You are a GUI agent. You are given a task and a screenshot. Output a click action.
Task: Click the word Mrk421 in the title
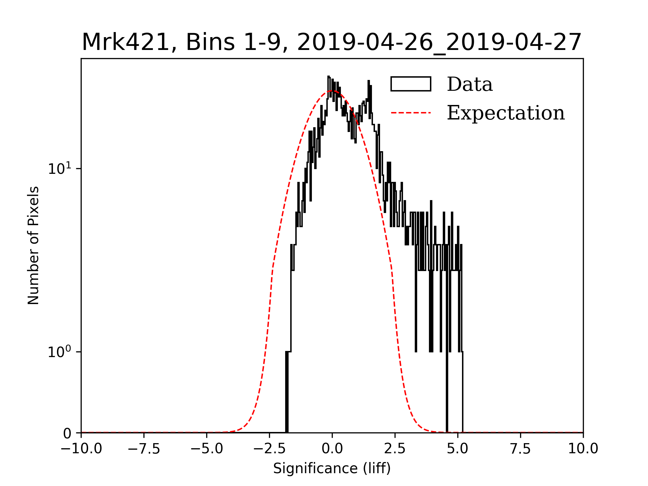tap(125, 43)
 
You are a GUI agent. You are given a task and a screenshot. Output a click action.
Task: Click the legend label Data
tap(469, 84)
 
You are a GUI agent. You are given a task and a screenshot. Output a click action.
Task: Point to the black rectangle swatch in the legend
tap(411, 84)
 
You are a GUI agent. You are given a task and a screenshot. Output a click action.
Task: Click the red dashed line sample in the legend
tap(411, 113)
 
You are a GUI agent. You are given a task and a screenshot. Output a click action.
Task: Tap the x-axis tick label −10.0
tap(81, 449)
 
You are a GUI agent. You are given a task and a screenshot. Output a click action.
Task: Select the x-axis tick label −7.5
tap(144, 449)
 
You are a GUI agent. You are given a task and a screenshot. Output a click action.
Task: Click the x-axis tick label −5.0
tap(207, 449)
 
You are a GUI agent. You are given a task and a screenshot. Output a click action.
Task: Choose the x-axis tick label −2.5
tap(269, 449)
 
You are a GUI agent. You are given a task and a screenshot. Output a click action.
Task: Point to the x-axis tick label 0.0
tap(332, 449)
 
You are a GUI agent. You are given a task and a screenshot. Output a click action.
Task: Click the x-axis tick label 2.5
tap(395, 449)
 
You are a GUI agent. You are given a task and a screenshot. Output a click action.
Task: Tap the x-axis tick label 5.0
tap(458, 449)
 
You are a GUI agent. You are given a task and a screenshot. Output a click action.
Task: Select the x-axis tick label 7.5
tap(520, 449)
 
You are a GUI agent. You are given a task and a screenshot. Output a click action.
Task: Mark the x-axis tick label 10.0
tap(583, 449)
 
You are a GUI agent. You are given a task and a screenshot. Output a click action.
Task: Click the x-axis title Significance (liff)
tap(332, 468)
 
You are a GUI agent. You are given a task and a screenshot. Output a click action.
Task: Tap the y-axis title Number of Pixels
tap(33, 245)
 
